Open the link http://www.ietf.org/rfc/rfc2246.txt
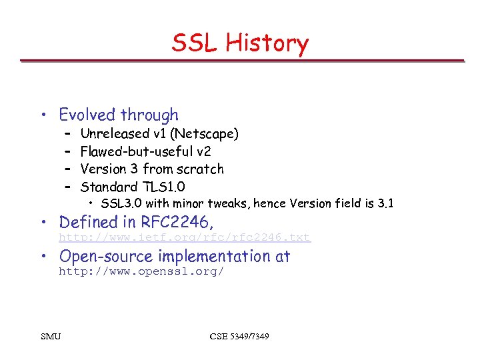tap(185, 238)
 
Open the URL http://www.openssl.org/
tap(141, 272)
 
